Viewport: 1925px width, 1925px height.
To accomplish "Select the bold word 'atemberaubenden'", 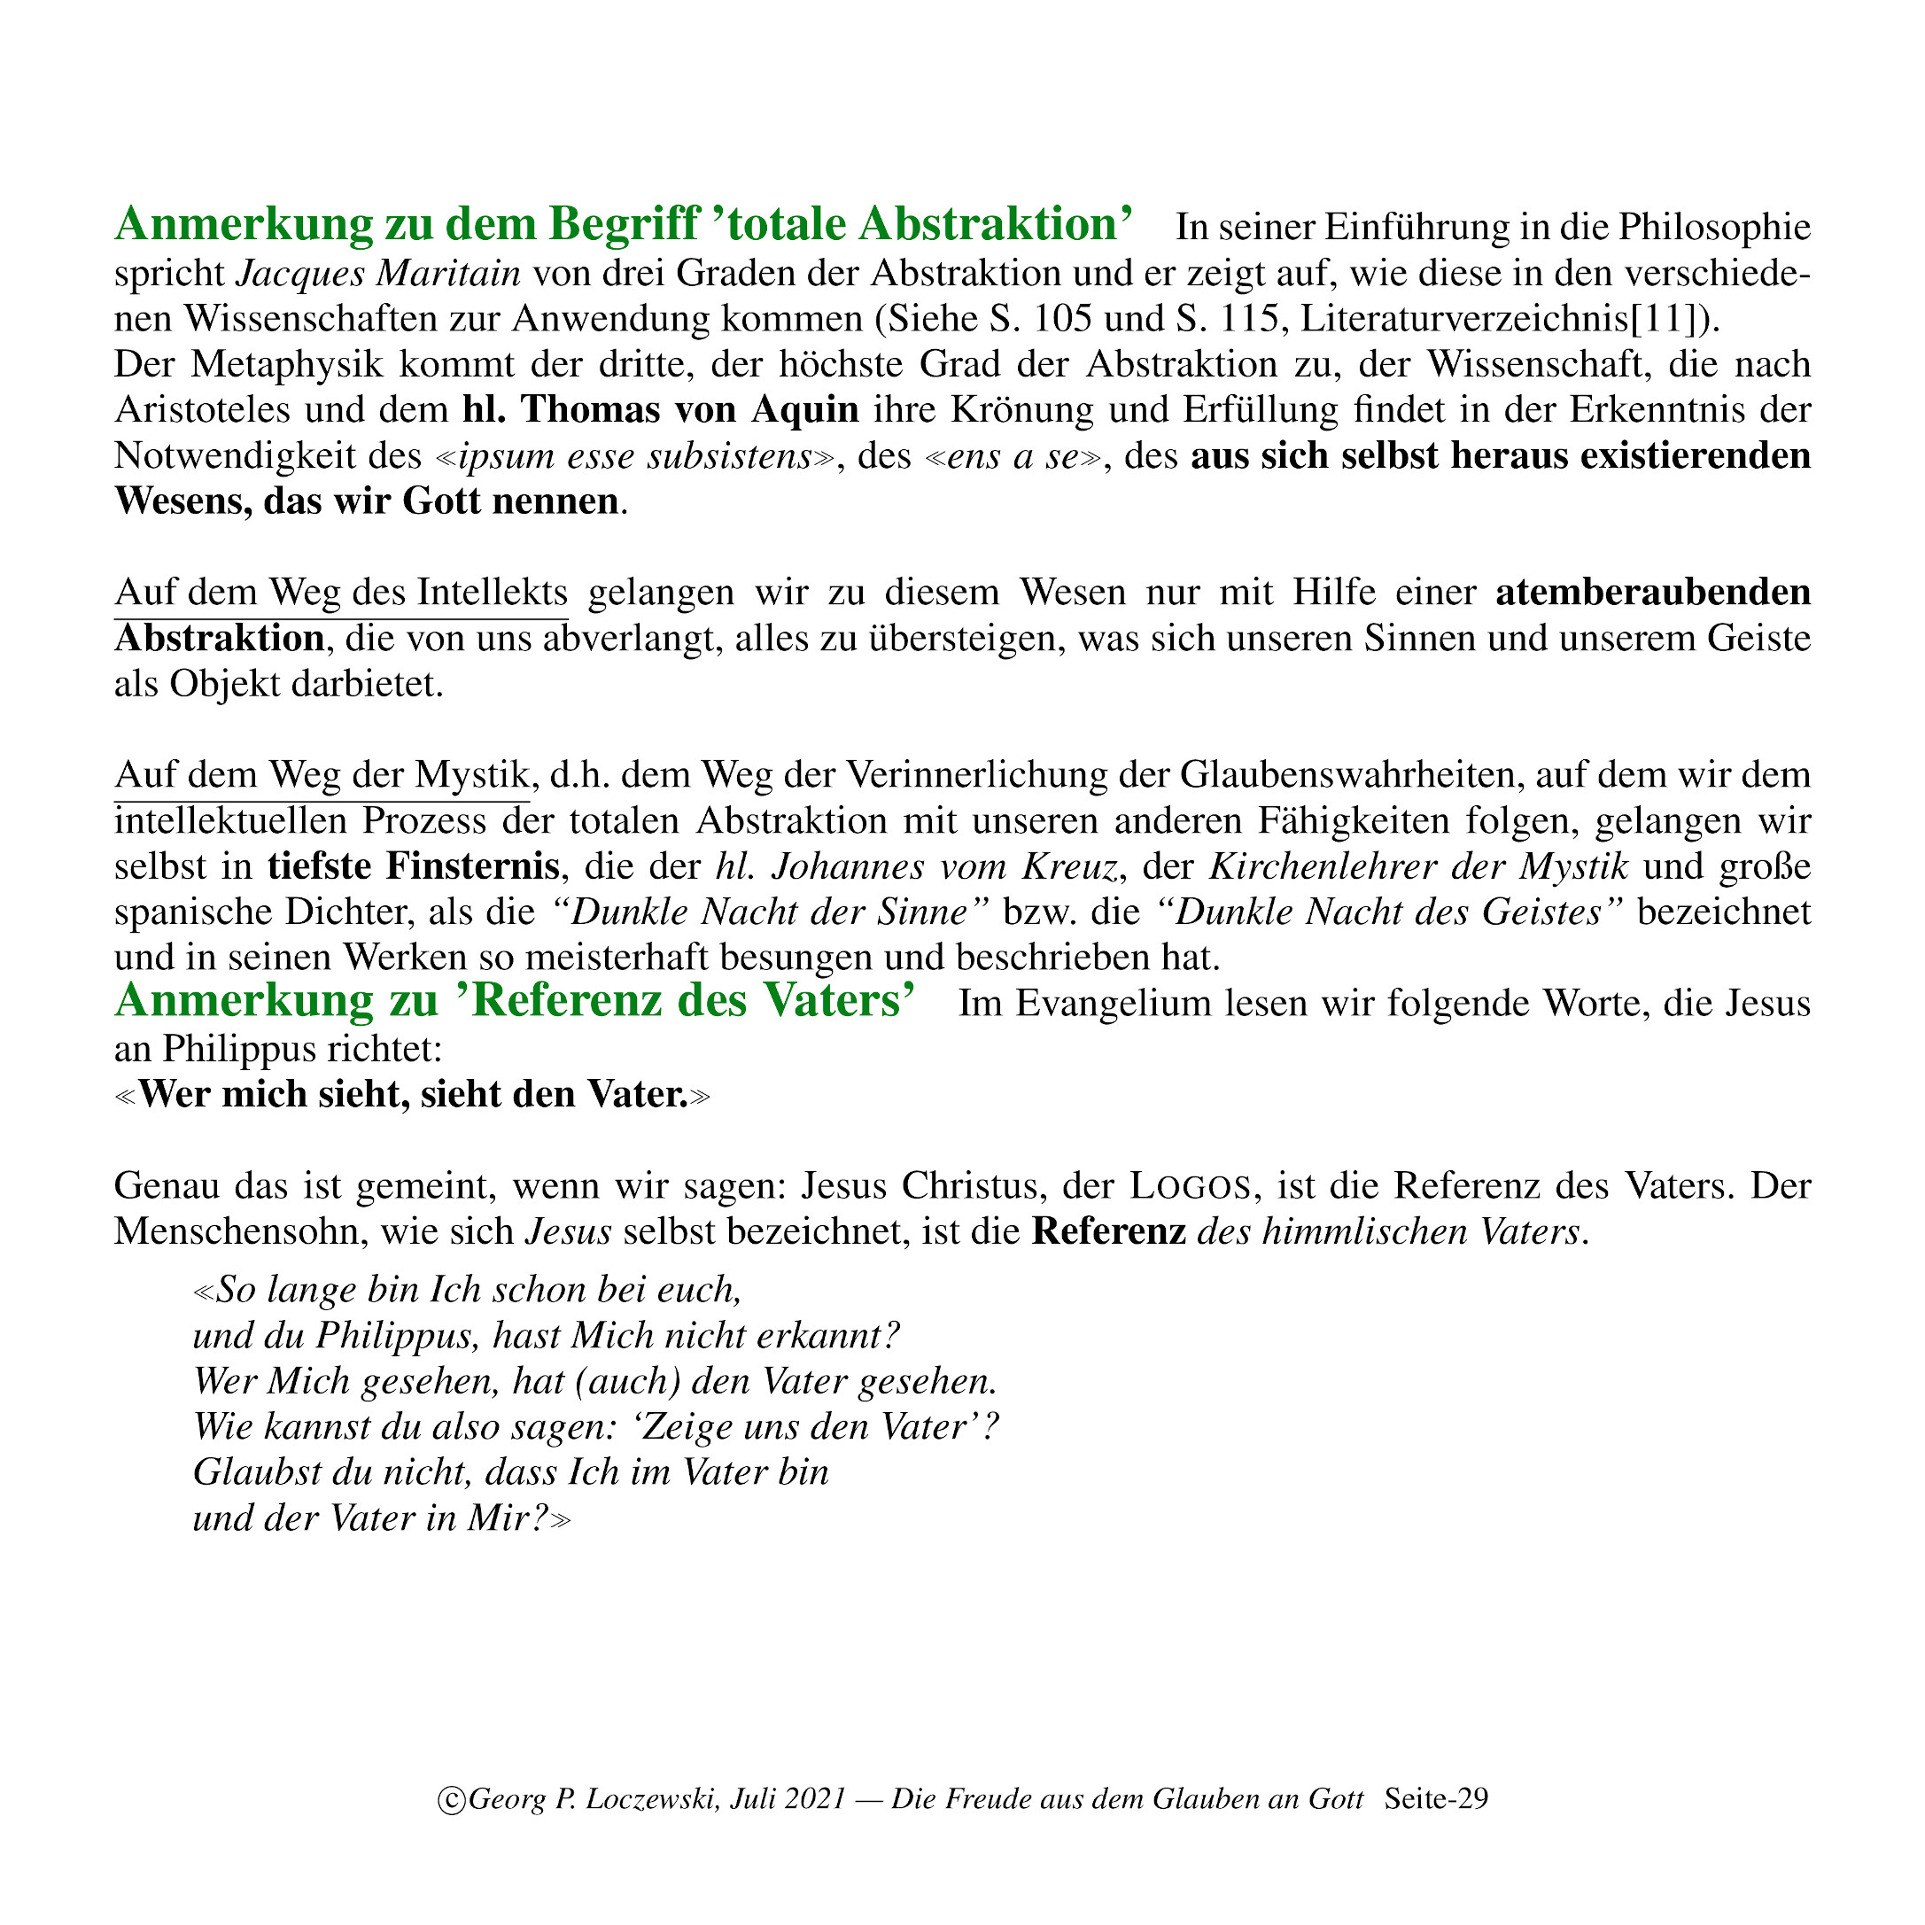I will [x=1653, y=592].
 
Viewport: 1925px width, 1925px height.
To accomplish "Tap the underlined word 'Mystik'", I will [x=471, y=774].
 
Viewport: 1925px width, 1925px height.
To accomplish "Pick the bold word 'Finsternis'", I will [x=472, y=865].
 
